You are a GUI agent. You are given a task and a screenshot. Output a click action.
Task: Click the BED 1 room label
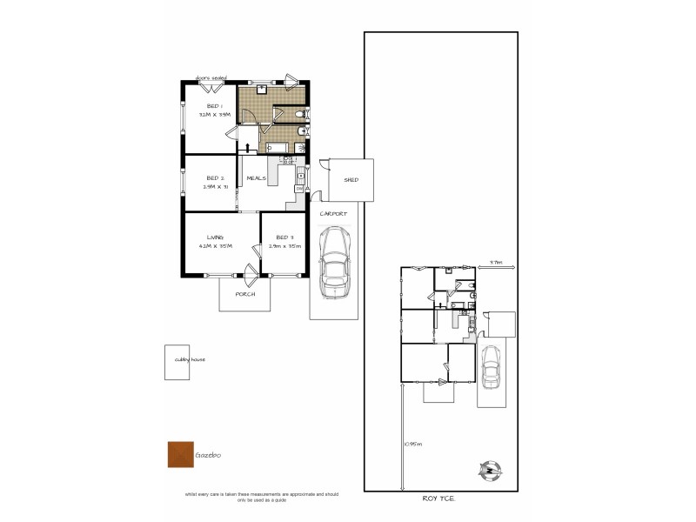tap(213, 105)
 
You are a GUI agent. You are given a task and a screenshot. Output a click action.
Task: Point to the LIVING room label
tap(215, 238)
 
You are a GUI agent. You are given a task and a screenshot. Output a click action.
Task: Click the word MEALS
tap(256, 178)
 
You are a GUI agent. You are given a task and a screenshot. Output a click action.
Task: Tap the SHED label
tap(351, 180)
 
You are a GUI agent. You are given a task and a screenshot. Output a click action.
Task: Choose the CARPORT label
tap(333, 214)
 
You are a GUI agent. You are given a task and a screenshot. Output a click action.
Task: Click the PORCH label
tap(245, 294)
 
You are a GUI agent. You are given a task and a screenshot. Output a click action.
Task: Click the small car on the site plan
tap(491, 366)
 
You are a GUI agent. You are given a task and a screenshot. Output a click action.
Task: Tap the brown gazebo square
tap(180, 454)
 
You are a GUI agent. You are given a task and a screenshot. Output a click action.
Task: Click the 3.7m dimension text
tap(495, 261)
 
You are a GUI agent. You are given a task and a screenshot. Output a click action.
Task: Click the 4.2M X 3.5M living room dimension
tap(215, 247)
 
